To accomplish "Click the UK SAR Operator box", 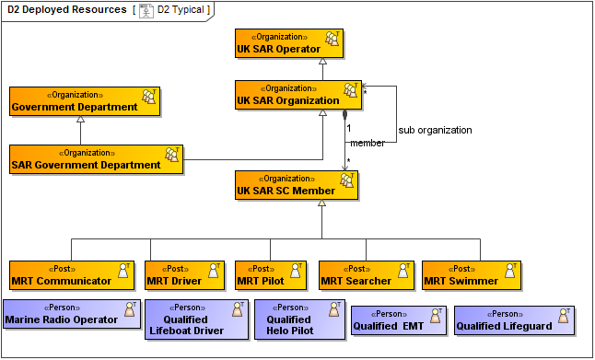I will (x=289, y=42).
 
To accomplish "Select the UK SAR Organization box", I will (x=297, y=95).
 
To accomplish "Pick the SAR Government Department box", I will (x=96, y=159).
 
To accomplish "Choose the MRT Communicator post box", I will (x=70, y=274).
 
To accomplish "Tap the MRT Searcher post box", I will (x=365, y=274).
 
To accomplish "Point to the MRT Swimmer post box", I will (x=471, y=274).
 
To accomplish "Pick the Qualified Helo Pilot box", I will (x=289, y=319).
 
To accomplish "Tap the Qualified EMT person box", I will (x=399, y=319).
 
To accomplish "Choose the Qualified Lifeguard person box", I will (x=514, y=319).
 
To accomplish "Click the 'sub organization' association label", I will (x=435, y=130).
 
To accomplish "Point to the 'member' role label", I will (x=367, y=144).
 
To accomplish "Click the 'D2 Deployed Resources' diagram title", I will (x=67, y=10).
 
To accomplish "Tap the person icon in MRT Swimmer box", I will (x=506, y=270).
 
